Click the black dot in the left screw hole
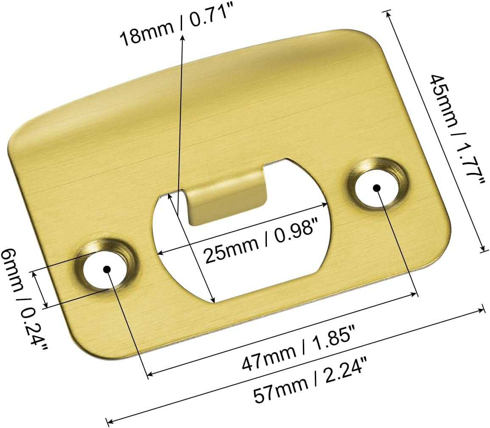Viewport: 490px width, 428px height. coord(106,269)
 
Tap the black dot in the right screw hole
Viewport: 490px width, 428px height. coord(377,188)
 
